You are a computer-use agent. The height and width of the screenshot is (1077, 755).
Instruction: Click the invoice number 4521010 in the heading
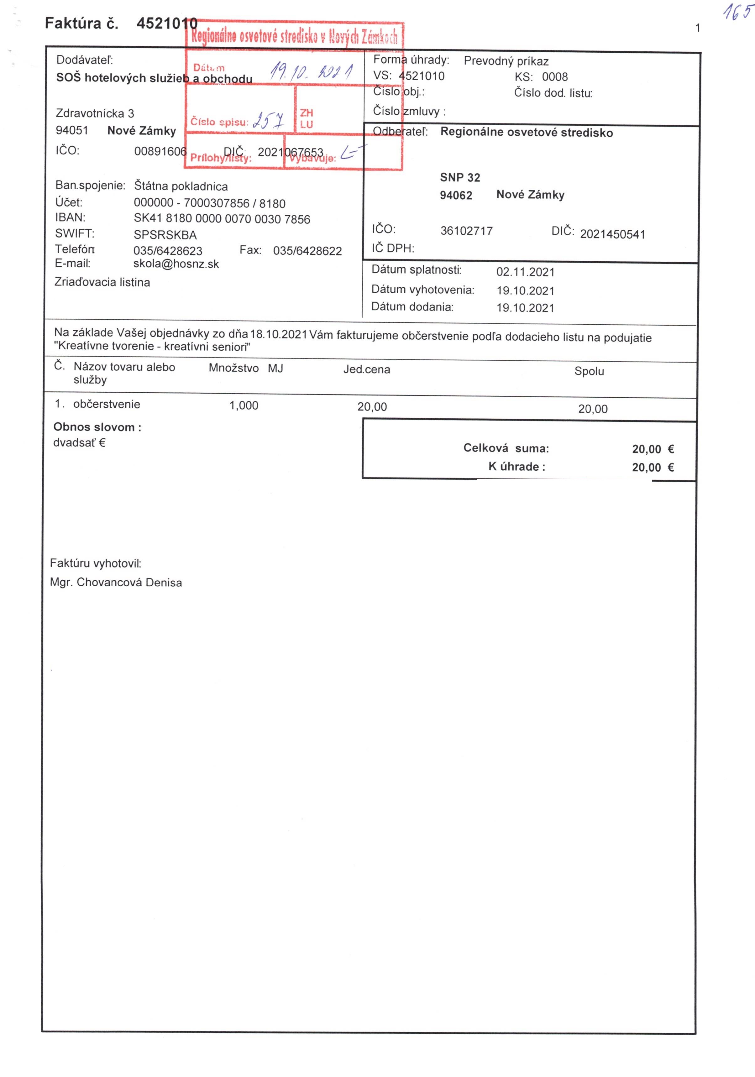pos(167,24)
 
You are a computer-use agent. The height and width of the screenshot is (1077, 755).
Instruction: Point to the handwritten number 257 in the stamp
pos(268,121)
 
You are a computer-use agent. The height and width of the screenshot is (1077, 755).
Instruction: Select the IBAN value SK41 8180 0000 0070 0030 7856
pos(222,219)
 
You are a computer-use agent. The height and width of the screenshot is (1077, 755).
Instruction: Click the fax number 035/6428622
pos(307,251)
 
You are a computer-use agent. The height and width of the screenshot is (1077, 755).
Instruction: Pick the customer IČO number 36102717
pos(466,231)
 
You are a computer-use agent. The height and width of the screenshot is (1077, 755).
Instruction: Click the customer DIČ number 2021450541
pos(612,234)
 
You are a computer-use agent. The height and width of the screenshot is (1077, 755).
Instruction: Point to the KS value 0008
pos(555,77)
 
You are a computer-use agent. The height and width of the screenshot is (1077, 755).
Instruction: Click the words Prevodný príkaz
pos(506,61)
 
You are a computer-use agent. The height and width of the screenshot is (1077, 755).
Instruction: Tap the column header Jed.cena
pos(366,370)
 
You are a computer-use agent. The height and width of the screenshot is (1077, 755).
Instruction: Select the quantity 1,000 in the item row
pos(244,406)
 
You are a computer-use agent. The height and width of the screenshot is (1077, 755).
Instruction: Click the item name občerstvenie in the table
pos(107,404)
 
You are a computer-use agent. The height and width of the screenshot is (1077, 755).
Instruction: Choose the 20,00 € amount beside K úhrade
pos(652,467)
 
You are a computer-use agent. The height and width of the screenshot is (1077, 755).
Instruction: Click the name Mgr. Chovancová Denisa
pos(116,583)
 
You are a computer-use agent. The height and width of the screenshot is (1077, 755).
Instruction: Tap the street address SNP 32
pos(460,178)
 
